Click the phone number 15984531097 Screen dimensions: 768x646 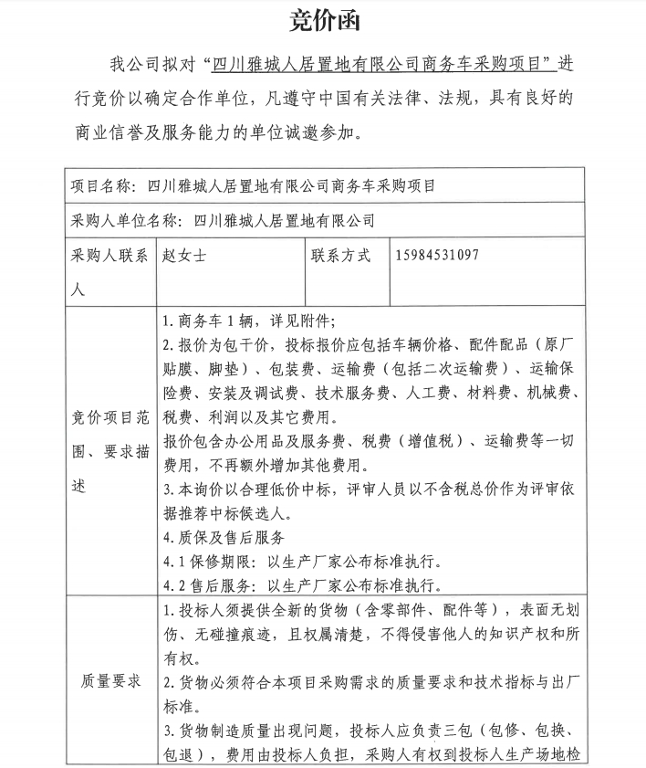[x=438, y=256]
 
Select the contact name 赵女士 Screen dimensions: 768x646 [x=183, y=256]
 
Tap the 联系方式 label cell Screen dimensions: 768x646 [x=341, y=256]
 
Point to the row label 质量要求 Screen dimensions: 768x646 [x=110, y=680]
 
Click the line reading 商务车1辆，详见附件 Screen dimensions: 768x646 [x=248, y=321]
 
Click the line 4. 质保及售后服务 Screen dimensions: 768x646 [x=224, y=537]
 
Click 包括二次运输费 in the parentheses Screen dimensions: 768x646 [x=452, y=369]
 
